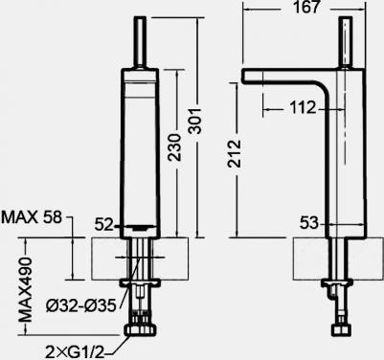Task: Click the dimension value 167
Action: tap(306, 8)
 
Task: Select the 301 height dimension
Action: tap(194, 121)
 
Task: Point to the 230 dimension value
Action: tap(174, 146)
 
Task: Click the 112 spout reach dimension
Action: tap(303, 108)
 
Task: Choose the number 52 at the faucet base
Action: tap(104, 225)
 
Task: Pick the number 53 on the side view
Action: tap(309, 223)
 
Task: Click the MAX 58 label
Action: tap(32, 217)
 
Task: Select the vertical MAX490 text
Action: tap(26, 290)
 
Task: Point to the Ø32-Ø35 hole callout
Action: tap(80, 306)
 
